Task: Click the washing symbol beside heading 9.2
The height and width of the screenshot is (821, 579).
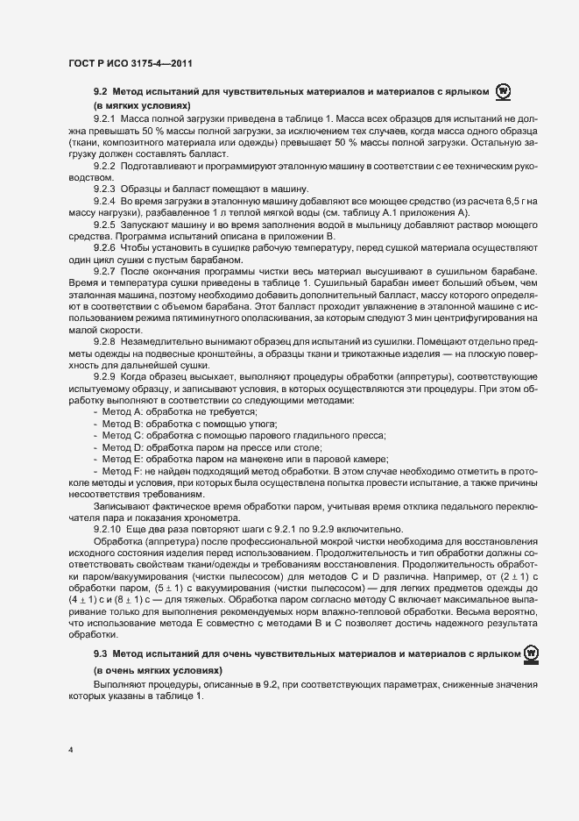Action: click(x=503, y=90)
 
